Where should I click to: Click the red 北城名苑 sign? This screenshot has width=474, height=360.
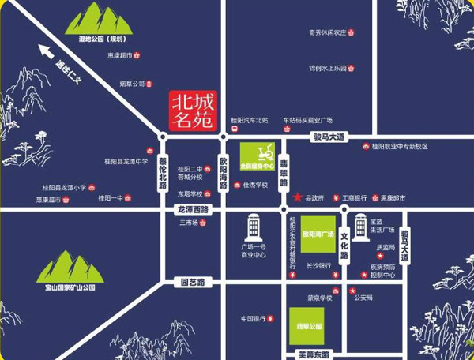194,111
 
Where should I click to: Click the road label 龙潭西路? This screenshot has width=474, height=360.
193,210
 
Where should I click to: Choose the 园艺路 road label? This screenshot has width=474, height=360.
193,281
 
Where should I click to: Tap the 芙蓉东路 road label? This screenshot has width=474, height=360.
314,353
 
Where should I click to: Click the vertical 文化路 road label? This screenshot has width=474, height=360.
344,251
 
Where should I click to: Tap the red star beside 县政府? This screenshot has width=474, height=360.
297,197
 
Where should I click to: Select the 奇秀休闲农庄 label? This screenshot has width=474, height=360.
328,33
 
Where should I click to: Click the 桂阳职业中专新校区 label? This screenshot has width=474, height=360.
400,146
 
